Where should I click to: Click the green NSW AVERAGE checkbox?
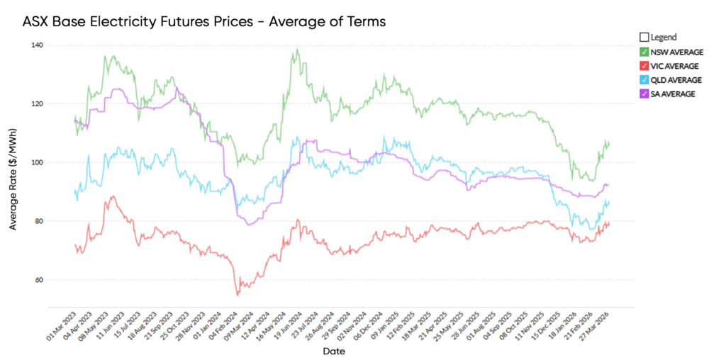644,52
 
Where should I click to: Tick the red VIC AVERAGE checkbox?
644,66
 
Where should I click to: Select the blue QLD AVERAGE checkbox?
644,80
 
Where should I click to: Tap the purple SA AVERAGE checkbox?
644,94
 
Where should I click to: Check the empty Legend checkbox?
644,37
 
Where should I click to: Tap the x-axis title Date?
334,351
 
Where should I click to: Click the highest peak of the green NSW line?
297,49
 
